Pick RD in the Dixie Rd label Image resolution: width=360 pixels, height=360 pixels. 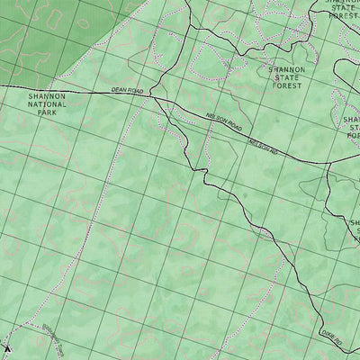[x=339, y=343]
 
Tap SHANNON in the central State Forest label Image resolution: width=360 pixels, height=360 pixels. [x=287, y=69]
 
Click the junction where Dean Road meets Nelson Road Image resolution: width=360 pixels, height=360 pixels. [x=155, y=94]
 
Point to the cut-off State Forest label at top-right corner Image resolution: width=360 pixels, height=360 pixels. [x=343, y=8]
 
